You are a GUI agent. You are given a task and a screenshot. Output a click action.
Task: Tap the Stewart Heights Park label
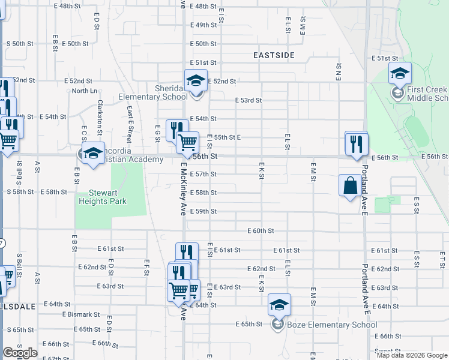point(103,197)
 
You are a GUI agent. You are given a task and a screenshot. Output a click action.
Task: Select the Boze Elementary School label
point(331,325)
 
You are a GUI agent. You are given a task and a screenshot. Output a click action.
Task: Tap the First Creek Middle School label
point(427,94)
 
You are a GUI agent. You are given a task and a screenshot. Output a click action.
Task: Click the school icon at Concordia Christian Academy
point(93,154)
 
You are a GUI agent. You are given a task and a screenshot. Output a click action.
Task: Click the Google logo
point(20,353)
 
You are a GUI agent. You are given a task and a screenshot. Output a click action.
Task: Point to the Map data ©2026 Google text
point(412,355)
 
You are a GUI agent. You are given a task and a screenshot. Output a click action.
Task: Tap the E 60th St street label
point(260,230)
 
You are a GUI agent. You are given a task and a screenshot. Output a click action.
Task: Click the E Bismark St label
point(81,314)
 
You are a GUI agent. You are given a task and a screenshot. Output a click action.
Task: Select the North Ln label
point(84,91)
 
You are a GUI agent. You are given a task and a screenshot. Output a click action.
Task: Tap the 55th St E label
point(228,137)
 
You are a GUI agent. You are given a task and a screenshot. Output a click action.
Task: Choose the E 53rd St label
point(248,100)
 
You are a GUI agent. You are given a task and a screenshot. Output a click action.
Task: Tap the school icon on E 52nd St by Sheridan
point(196,80)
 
